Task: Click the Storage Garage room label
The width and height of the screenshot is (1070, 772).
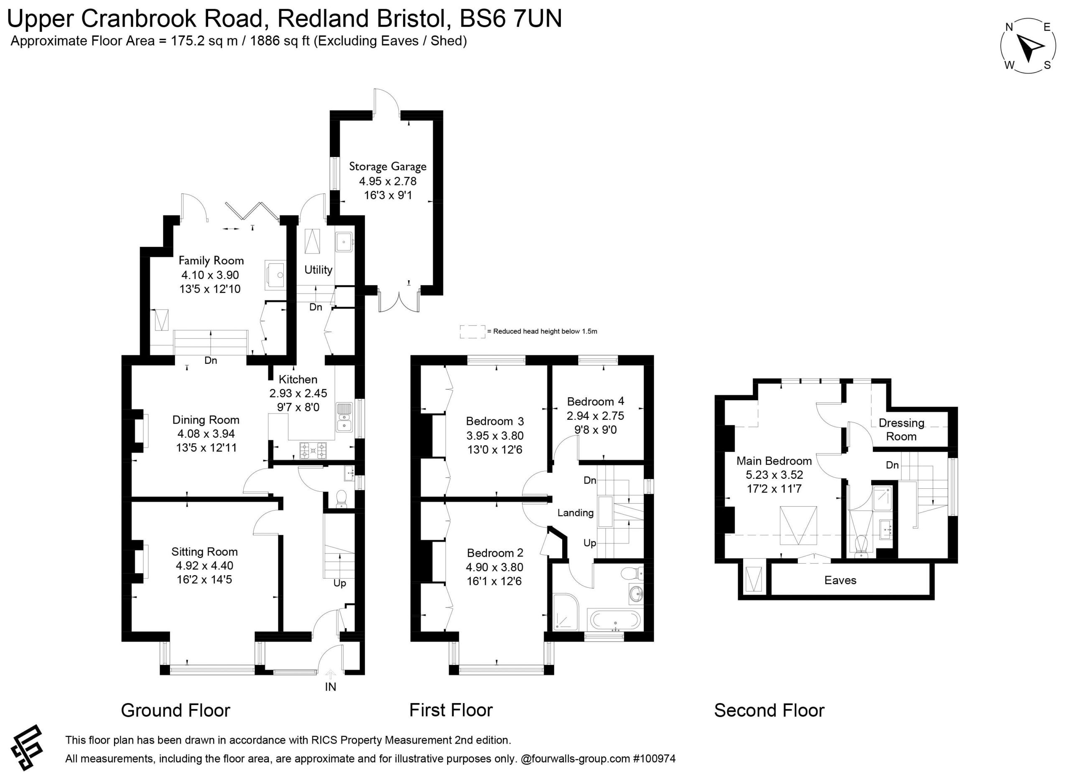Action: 387,166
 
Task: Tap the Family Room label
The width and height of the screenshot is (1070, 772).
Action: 211,260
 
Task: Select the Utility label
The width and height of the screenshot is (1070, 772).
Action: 318,270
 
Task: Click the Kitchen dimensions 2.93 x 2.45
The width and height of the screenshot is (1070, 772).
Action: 298,393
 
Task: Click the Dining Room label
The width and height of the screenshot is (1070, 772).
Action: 206,420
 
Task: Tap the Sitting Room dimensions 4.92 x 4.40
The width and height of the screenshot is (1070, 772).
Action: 204,566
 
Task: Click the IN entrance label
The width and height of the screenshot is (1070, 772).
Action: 330,687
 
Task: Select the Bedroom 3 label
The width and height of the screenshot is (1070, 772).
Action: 494,421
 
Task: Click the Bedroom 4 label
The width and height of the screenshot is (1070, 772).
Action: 595,401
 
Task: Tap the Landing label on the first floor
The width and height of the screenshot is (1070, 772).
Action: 575,513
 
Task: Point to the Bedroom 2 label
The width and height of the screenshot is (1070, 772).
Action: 494,553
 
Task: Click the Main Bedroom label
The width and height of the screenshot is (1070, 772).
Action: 774,461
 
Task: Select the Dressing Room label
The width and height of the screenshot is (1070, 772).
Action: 901,429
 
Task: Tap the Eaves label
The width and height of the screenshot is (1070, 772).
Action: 840,580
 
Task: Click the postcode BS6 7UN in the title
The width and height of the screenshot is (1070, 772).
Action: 510,19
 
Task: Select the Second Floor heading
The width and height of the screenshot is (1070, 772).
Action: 769,710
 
